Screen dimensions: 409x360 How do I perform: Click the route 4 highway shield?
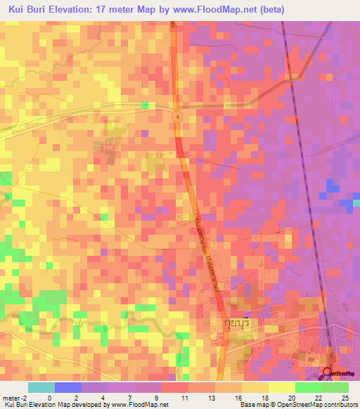pyautogui.click(x=179, y=117)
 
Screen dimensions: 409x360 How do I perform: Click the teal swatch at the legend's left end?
pyautogui.click(x=41, y=387)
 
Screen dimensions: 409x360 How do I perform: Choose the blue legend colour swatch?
pyautogui.click(x=68, y=387)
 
